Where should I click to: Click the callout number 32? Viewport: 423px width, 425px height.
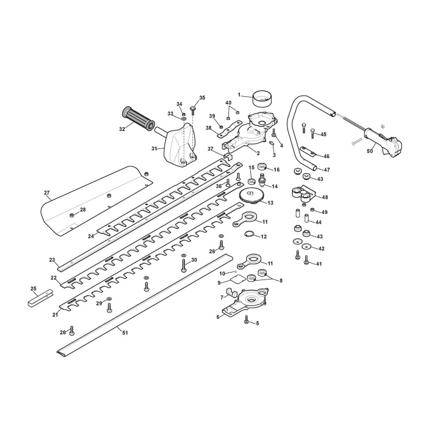pos(122,129)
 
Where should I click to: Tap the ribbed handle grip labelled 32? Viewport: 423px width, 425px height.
pos(138,118)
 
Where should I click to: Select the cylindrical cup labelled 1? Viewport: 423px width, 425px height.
pos(262,100)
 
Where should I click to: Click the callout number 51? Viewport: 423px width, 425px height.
pos(125,333)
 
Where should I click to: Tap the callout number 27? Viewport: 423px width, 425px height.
pos(47,192)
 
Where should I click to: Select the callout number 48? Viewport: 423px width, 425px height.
pos(325,197)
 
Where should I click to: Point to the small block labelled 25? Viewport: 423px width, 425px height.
pos(41,298)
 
